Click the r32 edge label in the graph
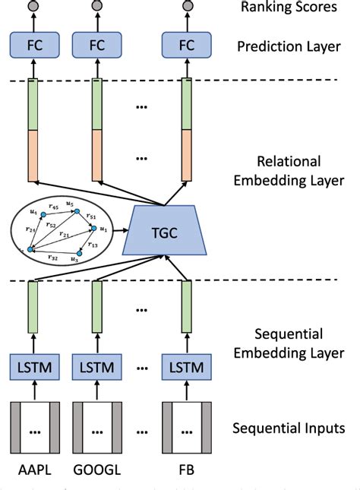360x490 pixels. click(x=52, y=258)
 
